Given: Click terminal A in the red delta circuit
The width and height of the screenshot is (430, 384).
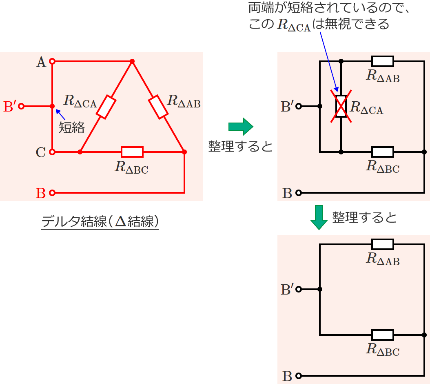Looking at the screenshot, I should (x=52, y=62).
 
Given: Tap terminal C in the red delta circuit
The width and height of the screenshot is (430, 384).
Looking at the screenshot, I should (x=52, y=152).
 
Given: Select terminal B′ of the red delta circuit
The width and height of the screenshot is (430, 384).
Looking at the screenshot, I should (x=21, y=106).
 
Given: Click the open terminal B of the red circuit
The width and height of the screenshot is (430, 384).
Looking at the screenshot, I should (x=52, y=192).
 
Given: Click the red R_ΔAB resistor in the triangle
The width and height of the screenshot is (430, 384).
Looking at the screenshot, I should (x=158, y=107).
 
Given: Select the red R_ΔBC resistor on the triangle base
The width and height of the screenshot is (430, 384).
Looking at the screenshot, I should (x=132, y=152).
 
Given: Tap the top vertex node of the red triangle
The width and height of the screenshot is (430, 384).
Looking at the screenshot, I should (x=132, y=62).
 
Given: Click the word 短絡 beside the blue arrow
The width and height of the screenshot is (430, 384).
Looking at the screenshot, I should (x=72, y=127).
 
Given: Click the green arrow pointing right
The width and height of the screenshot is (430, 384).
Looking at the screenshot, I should (x=241, y=127).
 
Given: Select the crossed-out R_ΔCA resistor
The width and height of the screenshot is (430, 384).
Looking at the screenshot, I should (x=341, y=107).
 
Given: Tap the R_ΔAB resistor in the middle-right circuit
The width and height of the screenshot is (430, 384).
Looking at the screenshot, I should (x=383, y=62).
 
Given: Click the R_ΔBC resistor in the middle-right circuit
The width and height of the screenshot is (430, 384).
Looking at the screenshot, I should (x=383, y=152).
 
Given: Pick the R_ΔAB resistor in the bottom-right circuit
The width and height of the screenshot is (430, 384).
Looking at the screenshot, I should (x=383, y=244).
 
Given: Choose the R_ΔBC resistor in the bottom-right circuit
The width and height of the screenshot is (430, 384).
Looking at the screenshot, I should (x=383, y=335).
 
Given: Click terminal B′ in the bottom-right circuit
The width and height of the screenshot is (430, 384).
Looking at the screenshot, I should (x=299, y=290).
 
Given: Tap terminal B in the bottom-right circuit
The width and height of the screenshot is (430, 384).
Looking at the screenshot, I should (x=299, y=376).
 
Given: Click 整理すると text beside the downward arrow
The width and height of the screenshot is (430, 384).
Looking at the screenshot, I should (x=364, y=217).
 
